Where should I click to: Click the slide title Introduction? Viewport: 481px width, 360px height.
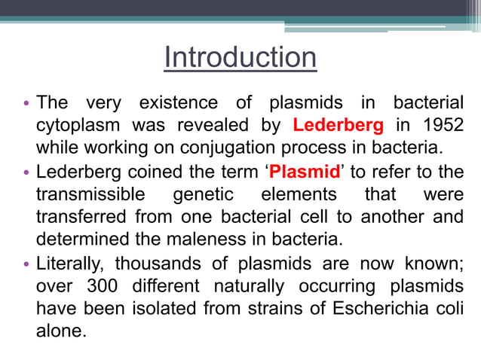[x=240, y=58]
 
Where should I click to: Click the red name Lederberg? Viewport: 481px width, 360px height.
[x=337, y=124]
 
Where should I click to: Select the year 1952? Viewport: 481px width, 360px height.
[x=443, y=124]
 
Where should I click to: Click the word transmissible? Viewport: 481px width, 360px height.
[x=90, y=195]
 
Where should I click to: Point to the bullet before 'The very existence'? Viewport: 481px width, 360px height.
[x=26, y=102]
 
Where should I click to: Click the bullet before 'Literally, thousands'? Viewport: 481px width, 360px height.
[x=26, y=265]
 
